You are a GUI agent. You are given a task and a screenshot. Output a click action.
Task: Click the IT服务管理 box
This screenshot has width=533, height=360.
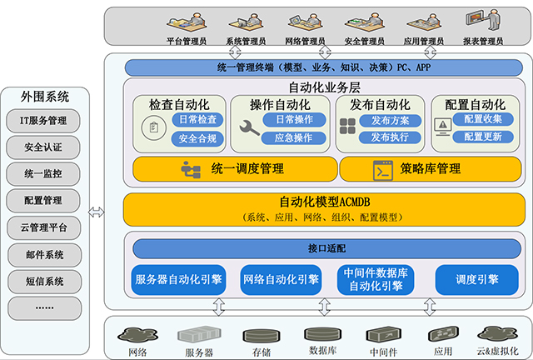(49, 122)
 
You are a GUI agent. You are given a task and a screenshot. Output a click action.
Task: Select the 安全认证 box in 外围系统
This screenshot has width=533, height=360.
(49, 148)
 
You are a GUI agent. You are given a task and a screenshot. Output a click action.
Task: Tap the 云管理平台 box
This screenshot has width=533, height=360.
(49, 227)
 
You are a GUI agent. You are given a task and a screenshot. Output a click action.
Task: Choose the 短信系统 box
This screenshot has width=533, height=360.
(49, 280)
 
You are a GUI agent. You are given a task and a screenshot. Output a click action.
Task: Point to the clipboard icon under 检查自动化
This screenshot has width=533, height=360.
(152, 127)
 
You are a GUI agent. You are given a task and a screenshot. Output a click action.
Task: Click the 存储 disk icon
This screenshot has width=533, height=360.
(254, 337)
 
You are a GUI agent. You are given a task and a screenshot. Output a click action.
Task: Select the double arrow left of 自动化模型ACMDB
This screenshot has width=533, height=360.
(98, 210)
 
